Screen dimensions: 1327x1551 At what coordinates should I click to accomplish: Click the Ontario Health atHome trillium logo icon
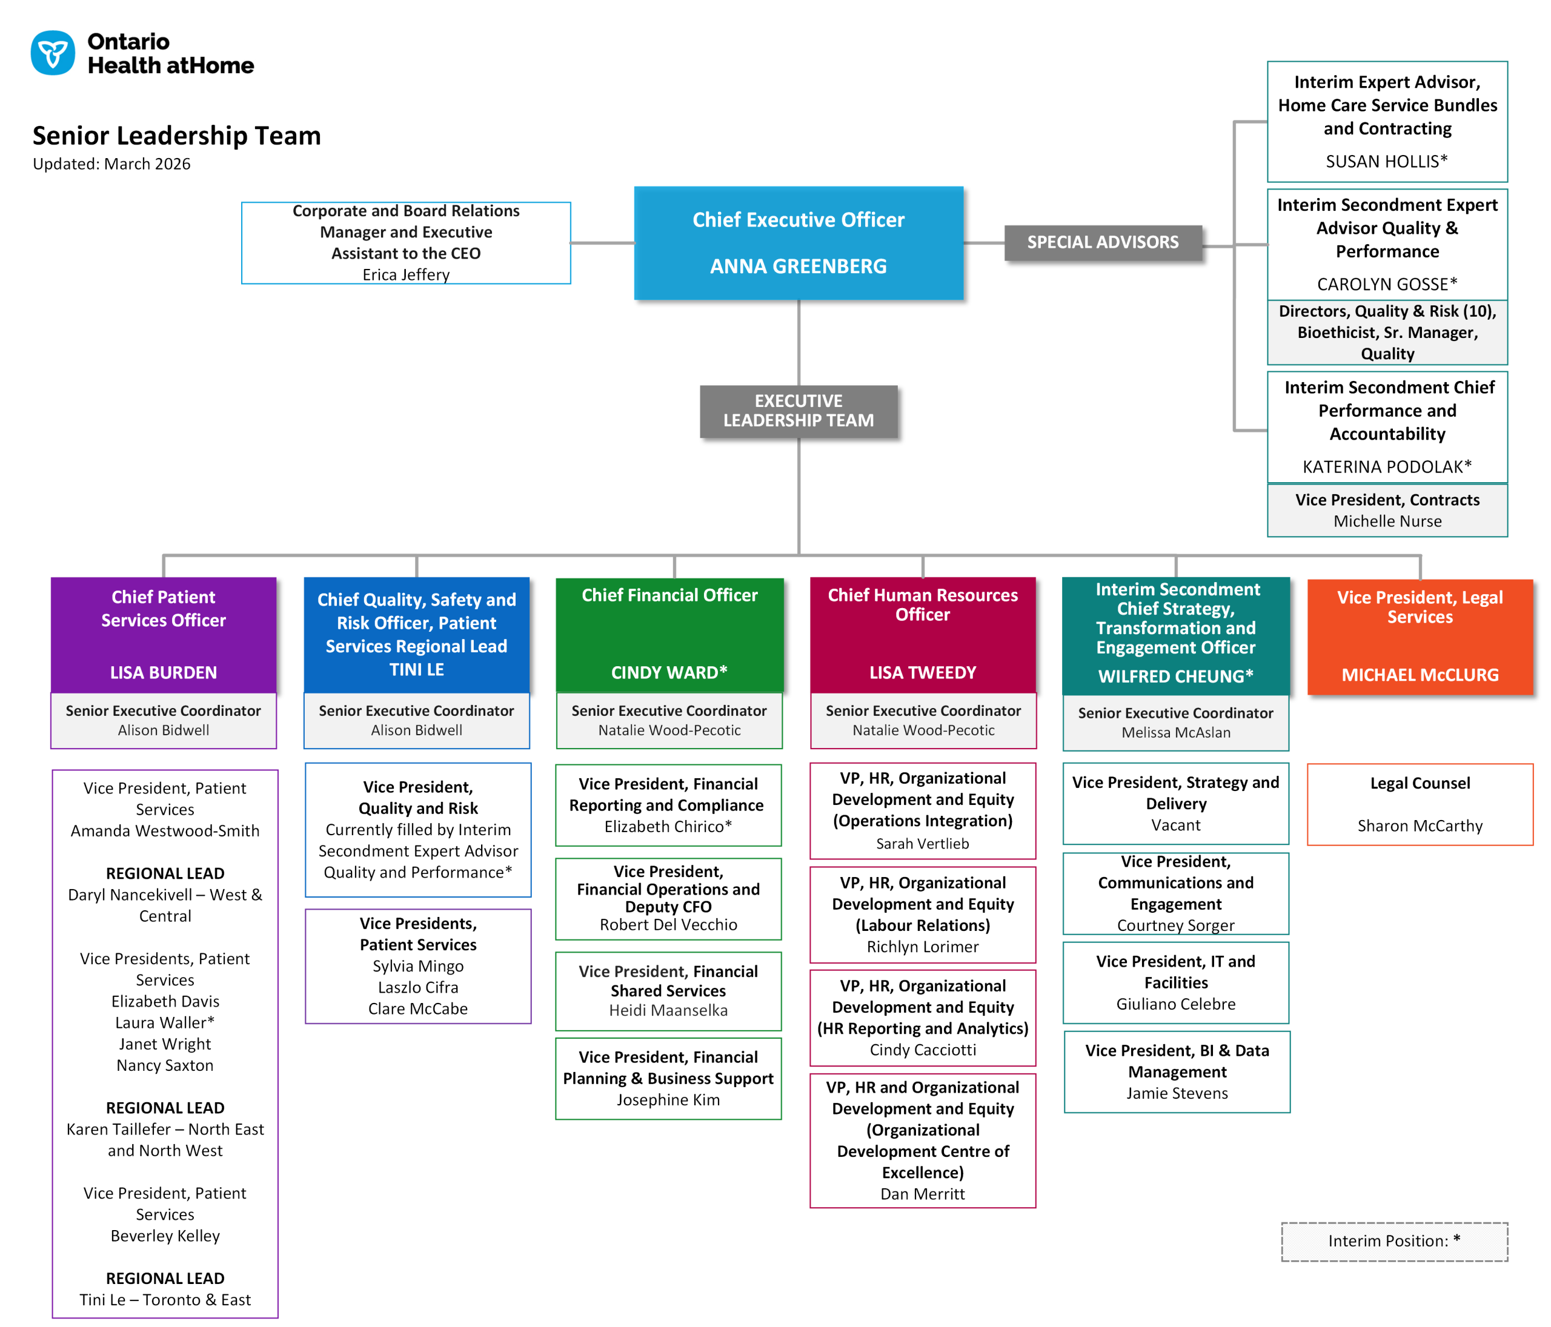pyautogui.click(x=52, y=53)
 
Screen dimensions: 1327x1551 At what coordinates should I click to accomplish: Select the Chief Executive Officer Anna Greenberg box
pyautogui.click(x=798, y=243)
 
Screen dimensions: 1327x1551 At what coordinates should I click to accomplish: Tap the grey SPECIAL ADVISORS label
pyautogui.click(x=1102, y=242)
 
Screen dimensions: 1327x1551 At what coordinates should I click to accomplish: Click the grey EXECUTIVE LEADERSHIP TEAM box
pyautogui.click(x=798, y=411)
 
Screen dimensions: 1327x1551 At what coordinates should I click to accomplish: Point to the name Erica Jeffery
pyautogui.click(x=406, y=275)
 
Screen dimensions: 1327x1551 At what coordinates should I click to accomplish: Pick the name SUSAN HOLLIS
pyautogui.click(x=1386, y=162)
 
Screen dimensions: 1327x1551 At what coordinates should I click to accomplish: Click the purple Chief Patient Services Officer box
pyautogui.click(x=163, y=635)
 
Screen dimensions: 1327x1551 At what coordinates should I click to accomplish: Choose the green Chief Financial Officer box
pyautogui.click(x=669, y=635)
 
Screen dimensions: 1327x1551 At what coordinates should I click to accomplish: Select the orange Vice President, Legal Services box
pyautogui.click(x=1420, y=636)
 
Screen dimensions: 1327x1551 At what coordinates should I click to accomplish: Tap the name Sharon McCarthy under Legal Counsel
pyautogui.click(x=1420, y=826)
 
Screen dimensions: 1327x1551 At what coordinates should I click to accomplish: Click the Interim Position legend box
pyautogui.click(x=1394, y=1241)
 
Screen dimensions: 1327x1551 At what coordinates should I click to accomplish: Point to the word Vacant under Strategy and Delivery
pyautogui.click(x=1175, y=825)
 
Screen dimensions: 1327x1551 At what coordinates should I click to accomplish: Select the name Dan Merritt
pyautogui.click(x=922, y=1194)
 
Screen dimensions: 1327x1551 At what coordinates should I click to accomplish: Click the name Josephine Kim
pyautogui.click(x=668, y=1099)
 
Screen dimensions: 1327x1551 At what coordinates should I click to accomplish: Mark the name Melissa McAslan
pyautogui.click(x=1175, y=733)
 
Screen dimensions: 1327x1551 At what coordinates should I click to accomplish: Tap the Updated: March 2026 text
pyautogui.click(x=111, y=164)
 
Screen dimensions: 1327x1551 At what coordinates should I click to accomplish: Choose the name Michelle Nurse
pyautogui.click(x=1387, y=521)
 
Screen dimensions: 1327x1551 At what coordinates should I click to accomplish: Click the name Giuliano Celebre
pyautogui.click(x=1175, y=1004)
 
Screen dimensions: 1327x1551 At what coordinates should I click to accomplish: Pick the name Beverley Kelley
pyautogui.click(x=165, y=1236)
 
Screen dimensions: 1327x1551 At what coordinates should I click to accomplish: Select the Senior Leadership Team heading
pyautogui.click(x=177, y=136)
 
